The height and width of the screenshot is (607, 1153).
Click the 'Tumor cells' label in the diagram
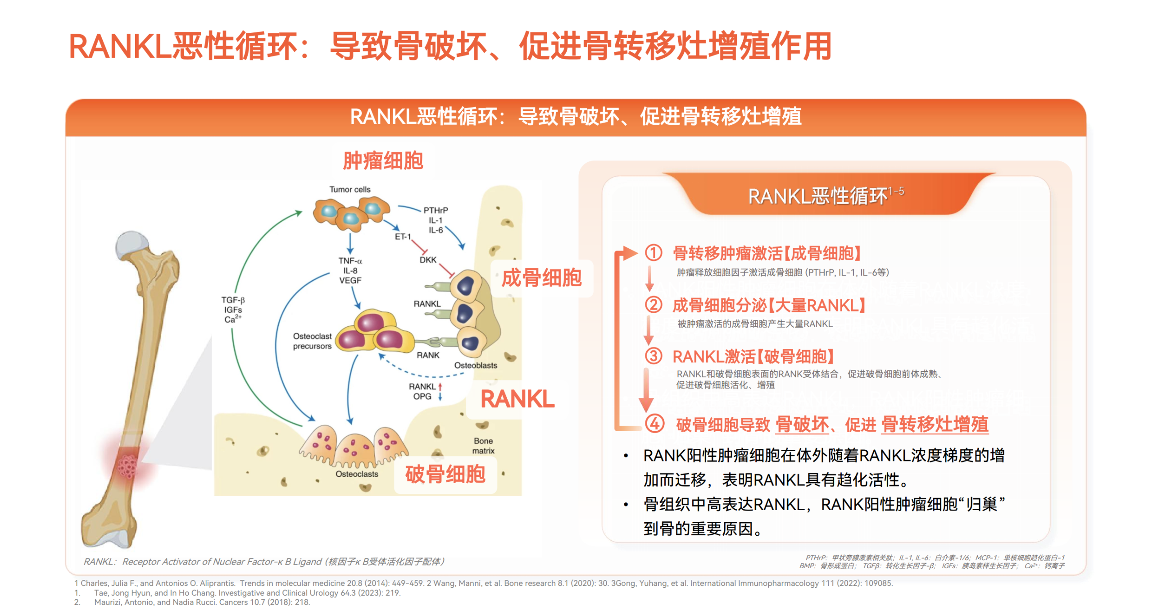350,189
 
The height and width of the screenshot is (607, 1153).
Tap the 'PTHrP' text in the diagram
435,210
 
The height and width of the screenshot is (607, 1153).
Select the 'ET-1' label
402,236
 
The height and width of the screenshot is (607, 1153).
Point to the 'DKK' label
427,260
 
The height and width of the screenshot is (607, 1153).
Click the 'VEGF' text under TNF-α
350,280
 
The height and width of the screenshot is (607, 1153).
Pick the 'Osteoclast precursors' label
312,341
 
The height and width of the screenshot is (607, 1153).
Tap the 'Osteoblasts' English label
475,365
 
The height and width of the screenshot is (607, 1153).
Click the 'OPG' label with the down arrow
422,396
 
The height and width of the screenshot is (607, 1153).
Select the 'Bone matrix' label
483,445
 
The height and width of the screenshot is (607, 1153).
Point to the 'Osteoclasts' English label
357,474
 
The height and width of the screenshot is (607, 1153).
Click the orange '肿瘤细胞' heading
383,160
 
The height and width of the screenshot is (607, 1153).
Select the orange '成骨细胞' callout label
541,278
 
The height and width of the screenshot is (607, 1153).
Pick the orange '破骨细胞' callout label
445,474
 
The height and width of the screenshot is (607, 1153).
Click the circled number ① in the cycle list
653,253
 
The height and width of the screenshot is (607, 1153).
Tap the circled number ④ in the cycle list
654,424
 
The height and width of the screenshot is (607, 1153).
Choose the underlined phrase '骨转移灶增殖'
934,424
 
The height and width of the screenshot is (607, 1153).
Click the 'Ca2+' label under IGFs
232,319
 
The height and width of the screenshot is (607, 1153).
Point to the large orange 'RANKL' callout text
517,399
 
